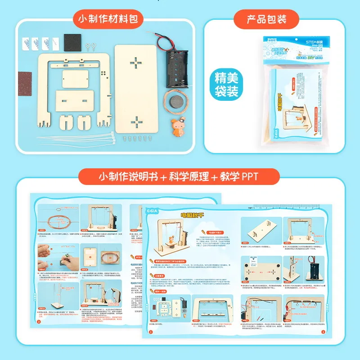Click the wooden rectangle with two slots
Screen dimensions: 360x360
click(75, 99)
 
